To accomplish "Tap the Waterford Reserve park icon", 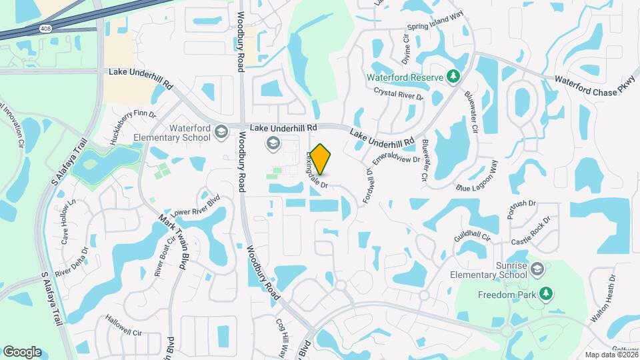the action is click(453, 77).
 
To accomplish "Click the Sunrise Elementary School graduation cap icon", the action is click(538, 269).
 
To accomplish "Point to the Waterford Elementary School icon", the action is click(219, 133).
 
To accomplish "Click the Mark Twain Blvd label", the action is click(175, 242).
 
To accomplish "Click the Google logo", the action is click(22, 352).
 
